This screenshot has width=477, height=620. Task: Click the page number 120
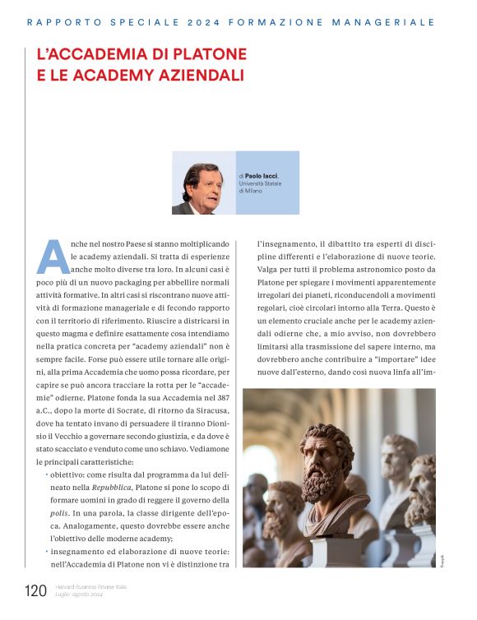35,590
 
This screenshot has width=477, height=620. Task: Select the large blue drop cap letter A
53,257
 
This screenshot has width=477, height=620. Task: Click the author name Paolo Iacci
262,175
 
